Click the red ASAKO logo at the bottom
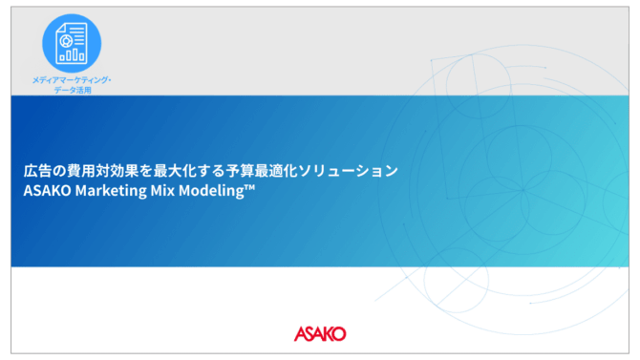tap(320, 333)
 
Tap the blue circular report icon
tap(72, 43)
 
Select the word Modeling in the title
tap(211, 191)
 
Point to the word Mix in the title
tap(162, 190)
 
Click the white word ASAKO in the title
tap(48, 191)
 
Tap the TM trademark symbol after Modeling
tap(249, 187)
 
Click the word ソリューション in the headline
tap(348, 171)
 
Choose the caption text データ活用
tap(73, 90)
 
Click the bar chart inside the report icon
tap(72, 54)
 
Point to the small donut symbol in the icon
tap(66, 41)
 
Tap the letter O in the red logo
tap(339, 334)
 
